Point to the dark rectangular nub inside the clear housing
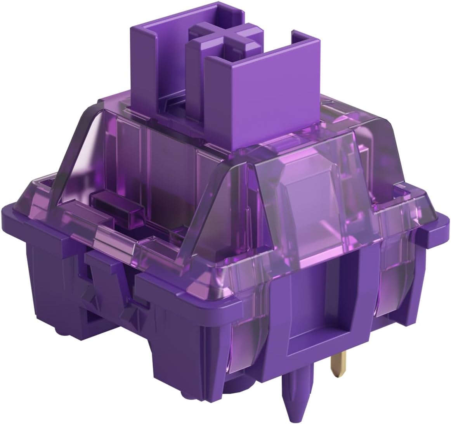tap(113, 202)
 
